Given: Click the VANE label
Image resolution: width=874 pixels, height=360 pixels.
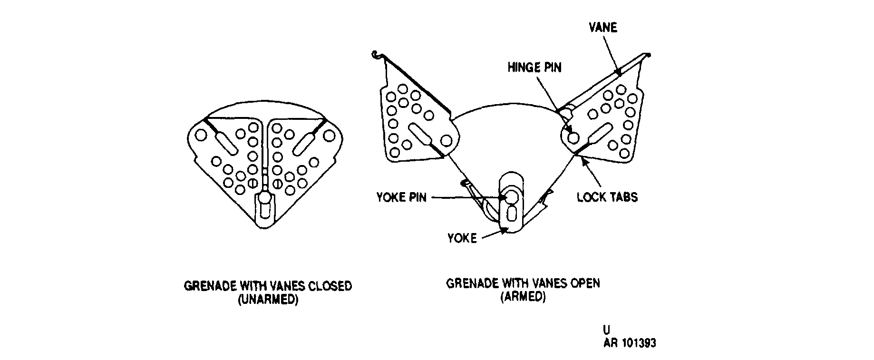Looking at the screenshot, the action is [x=603, y=28].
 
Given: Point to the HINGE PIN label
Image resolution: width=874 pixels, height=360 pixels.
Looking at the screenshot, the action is [x=534, y=68].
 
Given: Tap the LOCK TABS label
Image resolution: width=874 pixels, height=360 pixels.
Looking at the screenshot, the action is [x=607, y=197].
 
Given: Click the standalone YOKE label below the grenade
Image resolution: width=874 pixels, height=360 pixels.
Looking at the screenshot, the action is [x=462, y=238].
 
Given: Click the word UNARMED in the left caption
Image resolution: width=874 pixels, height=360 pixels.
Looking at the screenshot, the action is [x=268, y=301].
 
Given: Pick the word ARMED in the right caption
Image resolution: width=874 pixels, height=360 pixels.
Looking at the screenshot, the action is [x=523, y=297].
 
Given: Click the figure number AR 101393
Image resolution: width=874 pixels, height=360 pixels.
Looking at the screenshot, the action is [x=630, y=343].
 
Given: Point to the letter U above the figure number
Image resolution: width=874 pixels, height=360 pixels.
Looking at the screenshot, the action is [x=606, y=330].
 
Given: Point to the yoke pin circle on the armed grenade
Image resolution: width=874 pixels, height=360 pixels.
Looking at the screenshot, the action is [x=512, y=197].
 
